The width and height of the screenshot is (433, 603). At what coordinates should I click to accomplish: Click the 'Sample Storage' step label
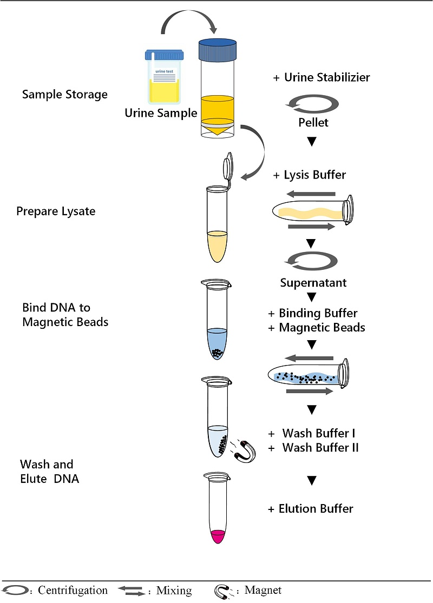(64, 95)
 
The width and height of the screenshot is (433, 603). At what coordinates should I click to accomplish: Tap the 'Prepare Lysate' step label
(56, 211)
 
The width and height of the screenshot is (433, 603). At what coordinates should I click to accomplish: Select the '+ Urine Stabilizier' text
(322, 77)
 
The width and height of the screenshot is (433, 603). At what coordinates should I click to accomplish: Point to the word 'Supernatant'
(313, 283)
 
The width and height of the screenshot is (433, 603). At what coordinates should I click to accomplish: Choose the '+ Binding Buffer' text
(313, 313)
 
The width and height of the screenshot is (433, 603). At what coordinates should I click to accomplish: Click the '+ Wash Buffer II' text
(313, 447)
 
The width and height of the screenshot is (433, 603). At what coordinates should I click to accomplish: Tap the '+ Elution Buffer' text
(311, 508)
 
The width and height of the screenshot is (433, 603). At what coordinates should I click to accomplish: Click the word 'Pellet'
(313, 122)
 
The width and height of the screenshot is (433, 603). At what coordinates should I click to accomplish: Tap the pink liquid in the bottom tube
(218, 536)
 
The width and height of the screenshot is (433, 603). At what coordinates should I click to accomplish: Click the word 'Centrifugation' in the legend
(71, 590)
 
